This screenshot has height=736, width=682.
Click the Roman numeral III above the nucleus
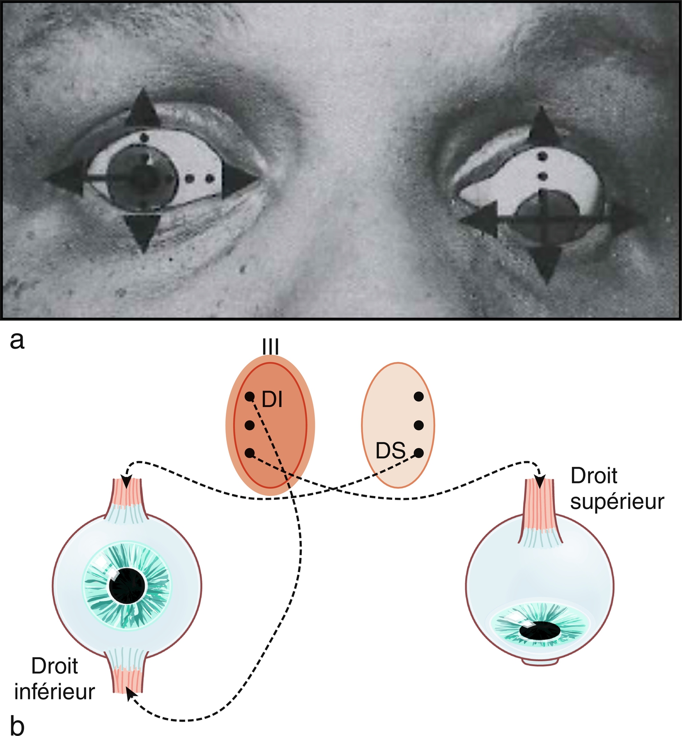point(271,347)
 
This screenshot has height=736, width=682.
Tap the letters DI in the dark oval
point(272,399)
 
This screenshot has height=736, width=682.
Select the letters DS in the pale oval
point(390,451)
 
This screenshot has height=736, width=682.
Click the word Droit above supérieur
point(594,476)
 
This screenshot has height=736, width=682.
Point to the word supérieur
point(617,502)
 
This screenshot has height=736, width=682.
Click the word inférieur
point(55,692)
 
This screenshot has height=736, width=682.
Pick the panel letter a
point(17,340)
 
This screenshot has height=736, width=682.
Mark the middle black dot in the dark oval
point(249,425)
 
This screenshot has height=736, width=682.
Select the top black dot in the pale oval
point(418,396)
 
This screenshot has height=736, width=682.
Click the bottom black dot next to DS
point(418,453)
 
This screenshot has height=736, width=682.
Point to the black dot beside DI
point(249,397)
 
